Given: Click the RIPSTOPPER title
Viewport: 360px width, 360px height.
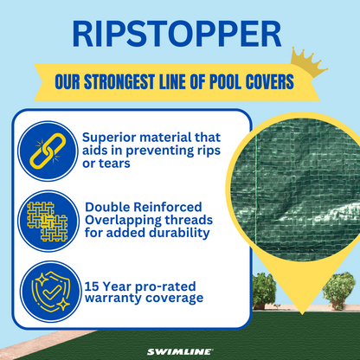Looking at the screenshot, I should coord(179,34).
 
